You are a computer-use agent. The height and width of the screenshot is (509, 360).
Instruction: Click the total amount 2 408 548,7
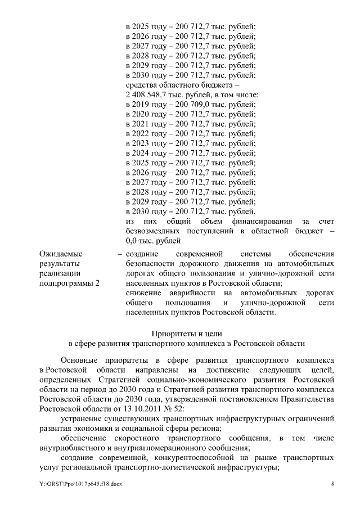(x=147, y=95)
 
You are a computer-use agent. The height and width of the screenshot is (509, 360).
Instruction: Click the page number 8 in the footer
(x=332, y=484)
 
